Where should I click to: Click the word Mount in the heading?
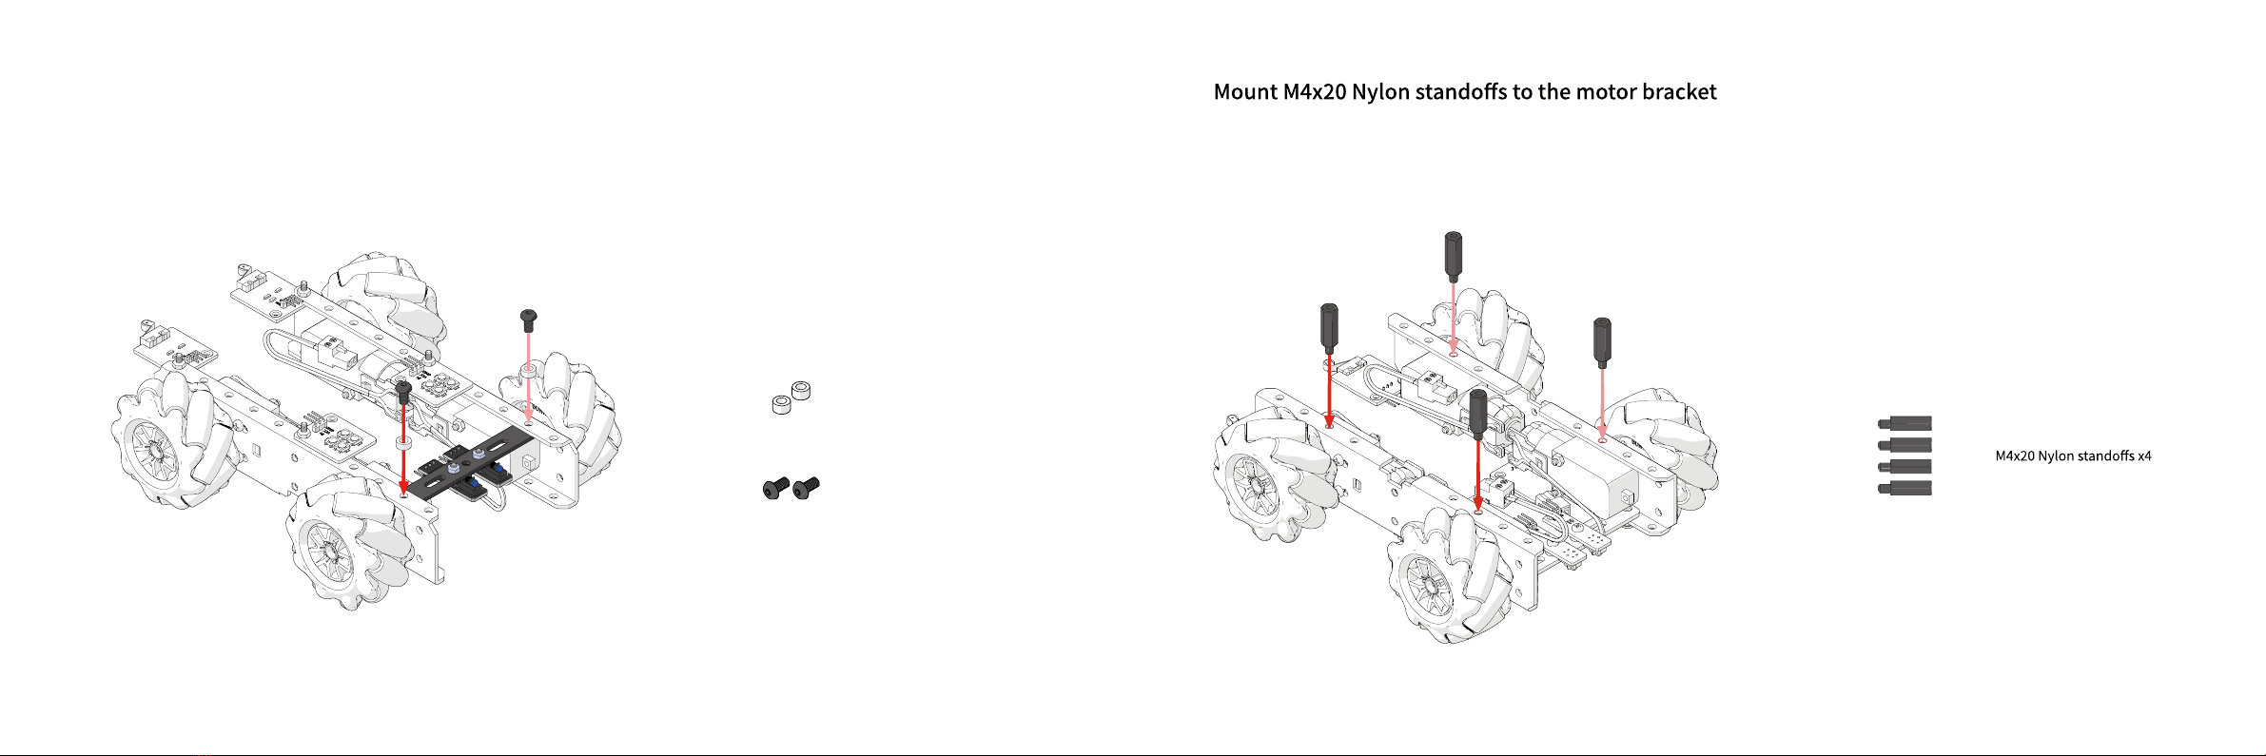click(1245, 92)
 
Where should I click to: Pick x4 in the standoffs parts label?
click(2144, 456)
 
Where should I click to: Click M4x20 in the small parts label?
click(2015, 456)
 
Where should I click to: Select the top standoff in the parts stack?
click(1905, 423)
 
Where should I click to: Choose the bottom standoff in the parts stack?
click(1905, 489)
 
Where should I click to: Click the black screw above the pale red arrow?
click(529, 320)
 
